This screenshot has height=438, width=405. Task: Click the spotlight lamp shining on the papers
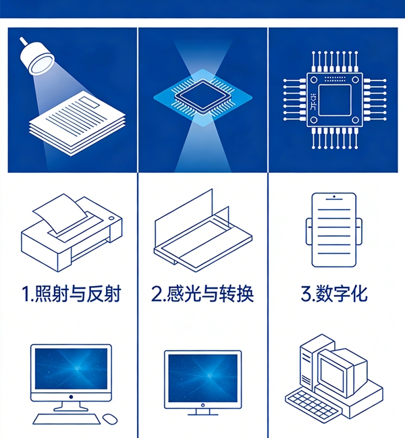pos(36,57)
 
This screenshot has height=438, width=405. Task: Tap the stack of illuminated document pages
pos(77,123)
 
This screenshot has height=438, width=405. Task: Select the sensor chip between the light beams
pos(203,97)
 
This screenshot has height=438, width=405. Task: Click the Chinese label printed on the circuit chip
pos(313,101)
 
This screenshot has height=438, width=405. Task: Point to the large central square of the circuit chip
pos(335,100)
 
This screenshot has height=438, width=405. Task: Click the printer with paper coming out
pos(72,233)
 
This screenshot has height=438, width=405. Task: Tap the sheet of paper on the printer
pos(60,213)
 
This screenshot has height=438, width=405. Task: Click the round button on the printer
pos(111,218)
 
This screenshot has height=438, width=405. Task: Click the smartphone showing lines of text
pos(334,230)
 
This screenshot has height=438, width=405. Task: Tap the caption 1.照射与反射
pos(72,294)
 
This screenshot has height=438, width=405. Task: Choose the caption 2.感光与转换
pos(202,294)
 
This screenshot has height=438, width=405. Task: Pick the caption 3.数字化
pos(334,294)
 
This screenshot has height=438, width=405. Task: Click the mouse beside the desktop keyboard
pos(110,418)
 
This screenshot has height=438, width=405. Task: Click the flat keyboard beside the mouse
pos(66,419)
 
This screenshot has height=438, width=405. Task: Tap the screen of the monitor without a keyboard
pos(202,378)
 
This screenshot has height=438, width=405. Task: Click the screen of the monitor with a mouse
pos(71,368)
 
